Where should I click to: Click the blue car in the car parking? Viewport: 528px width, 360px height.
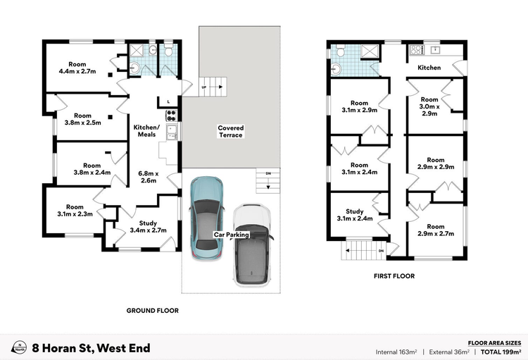[206, 218]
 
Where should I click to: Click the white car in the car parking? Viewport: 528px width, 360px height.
[252, 245]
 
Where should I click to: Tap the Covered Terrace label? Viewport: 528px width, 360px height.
[231, 132]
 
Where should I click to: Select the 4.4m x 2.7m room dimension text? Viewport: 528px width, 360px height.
[77, 71]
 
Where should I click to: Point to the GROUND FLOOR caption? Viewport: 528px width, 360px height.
[153, 311]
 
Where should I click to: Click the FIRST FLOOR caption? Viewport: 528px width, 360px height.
[394, 275]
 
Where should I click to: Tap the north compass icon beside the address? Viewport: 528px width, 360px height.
[19, 347]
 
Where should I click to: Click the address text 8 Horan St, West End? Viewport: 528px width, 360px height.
[91, 348]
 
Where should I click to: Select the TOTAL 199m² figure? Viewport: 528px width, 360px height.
[501, 352]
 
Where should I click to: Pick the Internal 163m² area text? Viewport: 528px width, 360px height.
[396, 352]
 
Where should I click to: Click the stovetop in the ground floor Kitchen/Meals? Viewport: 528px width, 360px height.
[171, 116]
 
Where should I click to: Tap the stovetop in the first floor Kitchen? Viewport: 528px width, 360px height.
[417, 50]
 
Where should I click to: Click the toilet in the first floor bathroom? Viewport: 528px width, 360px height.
[341, 51]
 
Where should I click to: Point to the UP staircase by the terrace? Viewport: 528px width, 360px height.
[213, 87]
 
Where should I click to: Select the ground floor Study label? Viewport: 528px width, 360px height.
[148, 223]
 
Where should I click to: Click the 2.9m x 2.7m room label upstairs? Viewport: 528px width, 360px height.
[436, 230]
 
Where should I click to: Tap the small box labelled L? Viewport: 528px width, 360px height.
[168, 101]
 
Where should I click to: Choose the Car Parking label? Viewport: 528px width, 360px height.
[232, 235]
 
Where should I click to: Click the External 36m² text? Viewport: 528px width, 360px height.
[449, 352]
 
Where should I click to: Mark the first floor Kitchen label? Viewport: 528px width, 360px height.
[429, 68]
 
